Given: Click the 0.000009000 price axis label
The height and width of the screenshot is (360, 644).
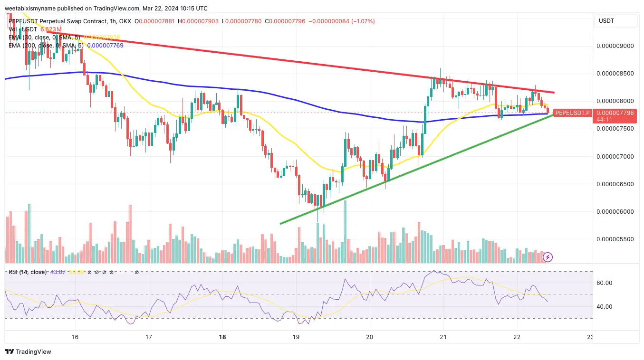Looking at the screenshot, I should tap(615, 46).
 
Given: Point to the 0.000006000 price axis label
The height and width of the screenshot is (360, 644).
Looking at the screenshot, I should tap(615, 211).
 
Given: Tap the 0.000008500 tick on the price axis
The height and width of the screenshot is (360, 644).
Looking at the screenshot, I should tap(615, 74).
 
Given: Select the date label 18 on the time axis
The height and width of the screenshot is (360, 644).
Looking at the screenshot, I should tap(222, 337).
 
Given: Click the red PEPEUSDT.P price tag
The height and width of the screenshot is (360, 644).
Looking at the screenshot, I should tap(572, 113).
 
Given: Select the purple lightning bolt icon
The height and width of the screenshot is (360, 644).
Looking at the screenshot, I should tap(548, 257).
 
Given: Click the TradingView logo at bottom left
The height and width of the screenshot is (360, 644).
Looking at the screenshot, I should tap(28, 352).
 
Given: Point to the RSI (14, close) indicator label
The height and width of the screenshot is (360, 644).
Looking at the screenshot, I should tap(28, 272).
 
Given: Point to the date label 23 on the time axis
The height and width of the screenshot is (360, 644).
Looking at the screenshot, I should tap(590, 337).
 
